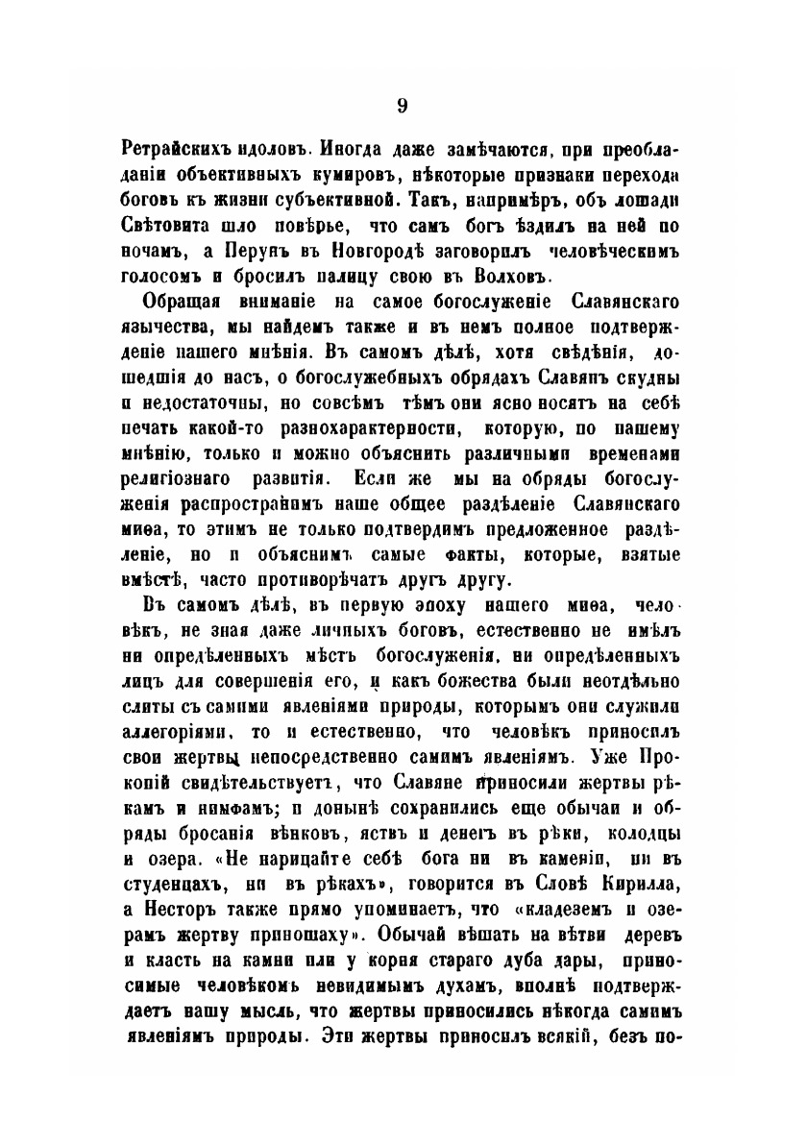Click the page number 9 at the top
(x=403, y=105)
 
